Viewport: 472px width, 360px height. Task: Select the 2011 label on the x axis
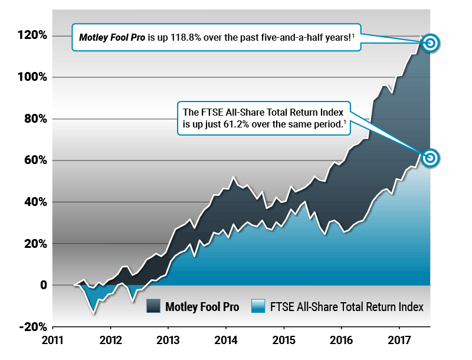pos(53,341)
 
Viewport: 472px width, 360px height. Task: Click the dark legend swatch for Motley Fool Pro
pos(153,306)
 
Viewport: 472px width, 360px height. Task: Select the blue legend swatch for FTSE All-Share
pos(258,306)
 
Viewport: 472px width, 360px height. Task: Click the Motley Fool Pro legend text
pos(202,307)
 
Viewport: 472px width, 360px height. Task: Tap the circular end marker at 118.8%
pos(431,43)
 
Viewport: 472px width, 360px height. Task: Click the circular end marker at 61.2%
pos(431,158)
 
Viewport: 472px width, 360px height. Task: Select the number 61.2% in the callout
pos(230,125)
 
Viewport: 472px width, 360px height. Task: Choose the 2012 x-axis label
pos(110,341)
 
